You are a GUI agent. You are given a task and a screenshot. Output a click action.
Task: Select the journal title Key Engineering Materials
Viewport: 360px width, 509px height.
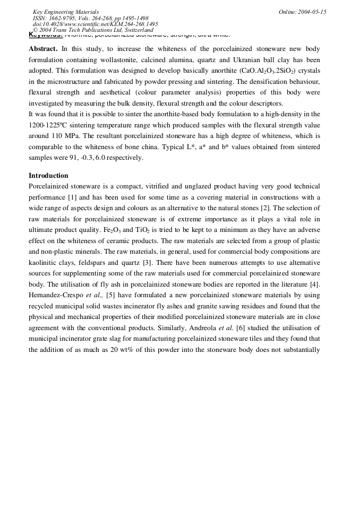(x=65, y=12)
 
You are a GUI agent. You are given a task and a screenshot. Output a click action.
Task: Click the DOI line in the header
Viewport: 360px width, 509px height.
(x=95, y=24)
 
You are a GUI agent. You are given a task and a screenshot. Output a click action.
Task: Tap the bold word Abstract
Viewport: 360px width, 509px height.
(x=43, y=49)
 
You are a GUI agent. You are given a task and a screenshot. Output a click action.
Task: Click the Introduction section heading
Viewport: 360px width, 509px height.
(x=48, y=176)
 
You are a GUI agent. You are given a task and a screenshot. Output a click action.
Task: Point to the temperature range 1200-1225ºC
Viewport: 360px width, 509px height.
(x=52, y=125)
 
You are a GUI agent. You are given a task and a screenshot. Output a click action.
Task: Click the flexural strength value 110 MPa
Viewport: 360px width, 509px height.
(x=66, y=136)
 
